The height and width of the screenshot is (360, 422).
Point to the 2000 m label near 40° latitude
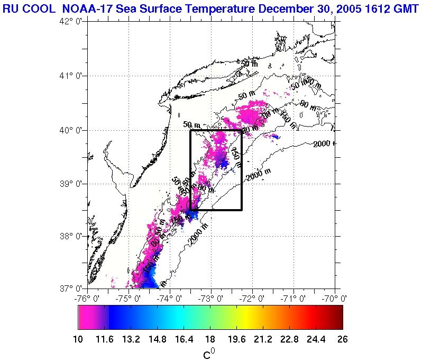[324, 144]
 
